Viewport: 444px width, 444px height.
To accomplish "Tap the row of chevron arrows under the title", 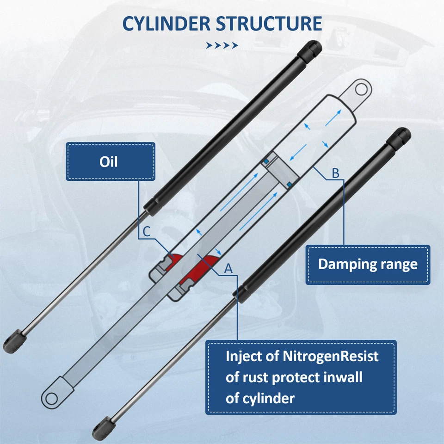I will coord(222,45).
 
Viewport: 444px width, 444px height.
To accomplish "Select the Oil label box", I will coord(110,161).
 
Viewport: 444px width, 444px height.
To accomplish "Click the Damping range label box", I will coord(368,265).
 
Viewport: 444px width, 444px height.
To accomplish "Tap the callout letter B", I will coord(336,173).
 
